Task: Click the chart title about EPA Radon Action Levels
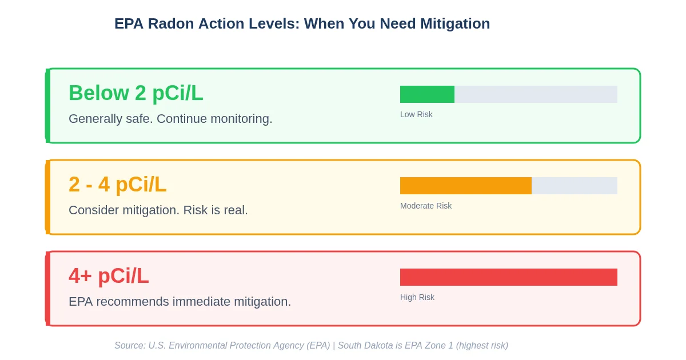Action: [x=302, y=24]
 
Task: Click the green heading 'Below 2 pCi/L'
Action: [x=136, y=93]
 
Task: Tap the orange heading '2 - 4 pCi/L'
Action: [x=118, y=185]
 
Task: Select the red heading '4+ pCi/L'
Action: [x=109, y=276]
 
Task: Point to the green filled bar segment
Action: [x=427, y=94]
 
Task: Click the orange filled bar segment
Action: [x=465, y=186]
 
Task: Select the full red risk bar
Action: [x=508, y=277]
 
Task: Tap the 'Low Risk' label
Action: [x=416, y=114]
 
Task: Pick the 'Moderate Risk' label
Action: [x=426, y=206]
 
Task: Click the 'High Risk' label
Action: [x=417, y=297]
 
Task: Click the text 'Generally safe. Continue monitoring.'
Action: [x=170, y=119]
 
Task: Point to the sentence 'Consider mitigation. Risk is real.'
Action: [x=158, y=210]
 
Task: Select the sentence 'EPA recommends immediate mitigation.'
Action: [x=180, y=302]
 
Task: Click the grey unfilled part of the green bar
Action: [x=536, y=94]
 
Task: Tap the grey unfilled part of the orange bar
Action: [x=574, y=186]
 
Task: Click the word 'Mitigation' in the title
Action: [x=455, y=24]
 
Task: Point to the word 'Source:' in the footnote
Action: [x=130, y=346]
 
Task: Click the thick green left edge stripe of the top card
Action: [x=48, y=106]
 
